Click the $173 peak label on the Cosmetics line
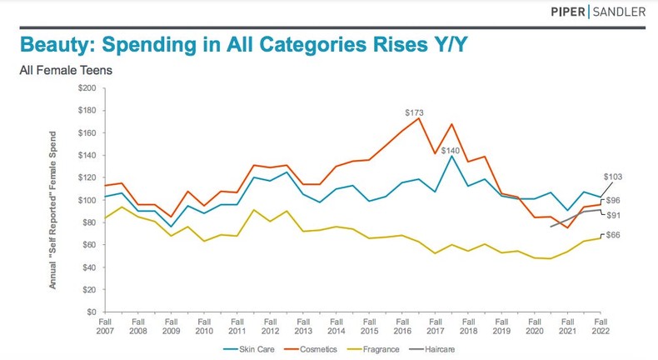pyautogui.click(x=415, y=112)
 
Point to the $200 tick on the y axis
pyautogui.click(x=86, y=88)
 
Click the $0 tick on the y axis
pyautogui.click(x=91, y=312)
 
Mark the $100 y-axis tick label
pyautogui.click(x=86, y=200)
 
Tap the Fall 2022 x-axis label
pyautogui.click(x=600, y=326)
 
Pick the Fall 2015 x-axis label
pyautogui.click(x=368, y=326)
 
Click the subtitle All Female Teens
pyautogui.click(x=66, y=70)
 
